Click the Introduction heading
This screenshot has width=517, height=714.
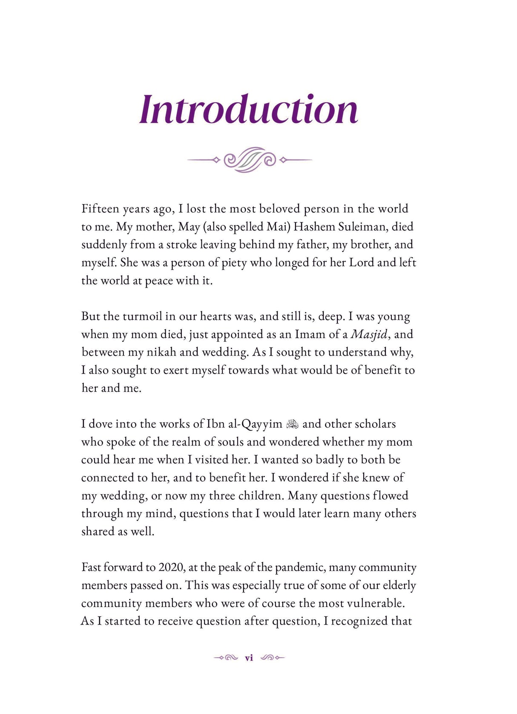(249, 110)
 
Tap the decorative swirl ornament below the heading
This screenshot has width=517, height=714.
(250, 160)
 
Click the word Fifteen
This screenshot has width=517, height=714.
(100, 209)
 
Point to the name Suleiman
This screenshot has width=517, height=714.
(363, 227)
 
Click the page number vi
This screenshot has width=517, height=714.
(249, 658)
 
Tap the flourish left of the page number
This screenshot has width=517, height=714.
(226, 658)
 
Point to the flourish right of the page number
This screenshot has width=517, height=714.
(273, 658)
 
